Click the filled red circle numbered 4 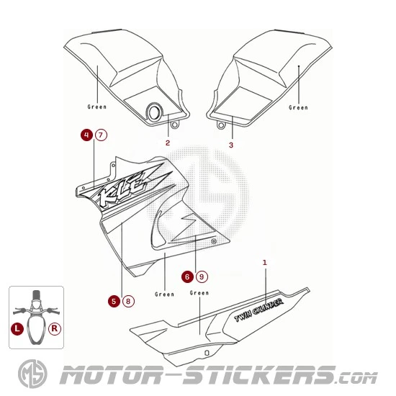(x=87, y=135)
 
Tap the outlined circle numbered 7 (x=101, y=135)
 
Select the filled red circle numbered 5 (x=114, y=301)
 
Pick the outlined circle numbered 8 (x=128, y=301)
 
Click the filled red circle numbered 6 (x=187, y=276)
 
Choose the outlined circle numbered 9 (x=202, y=276)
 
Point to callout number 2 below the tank (x=168, y=143)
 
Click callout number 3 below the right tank (x=231, y=145)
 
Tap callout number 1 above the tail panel (x=265, y=263)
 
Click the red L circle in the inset (x=17, y=328)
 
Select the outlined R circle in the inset (x=55, y=328)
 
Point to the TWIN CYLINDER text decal (x=259, y=310)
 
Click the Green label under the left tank (x=97, y=107)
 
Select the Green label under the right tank (x=298, y=107)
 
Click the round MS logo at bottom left (x=32, y=374)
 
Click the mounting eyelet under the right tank (x=221, y=125)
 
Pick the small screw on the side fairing (x=214, y=241)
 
